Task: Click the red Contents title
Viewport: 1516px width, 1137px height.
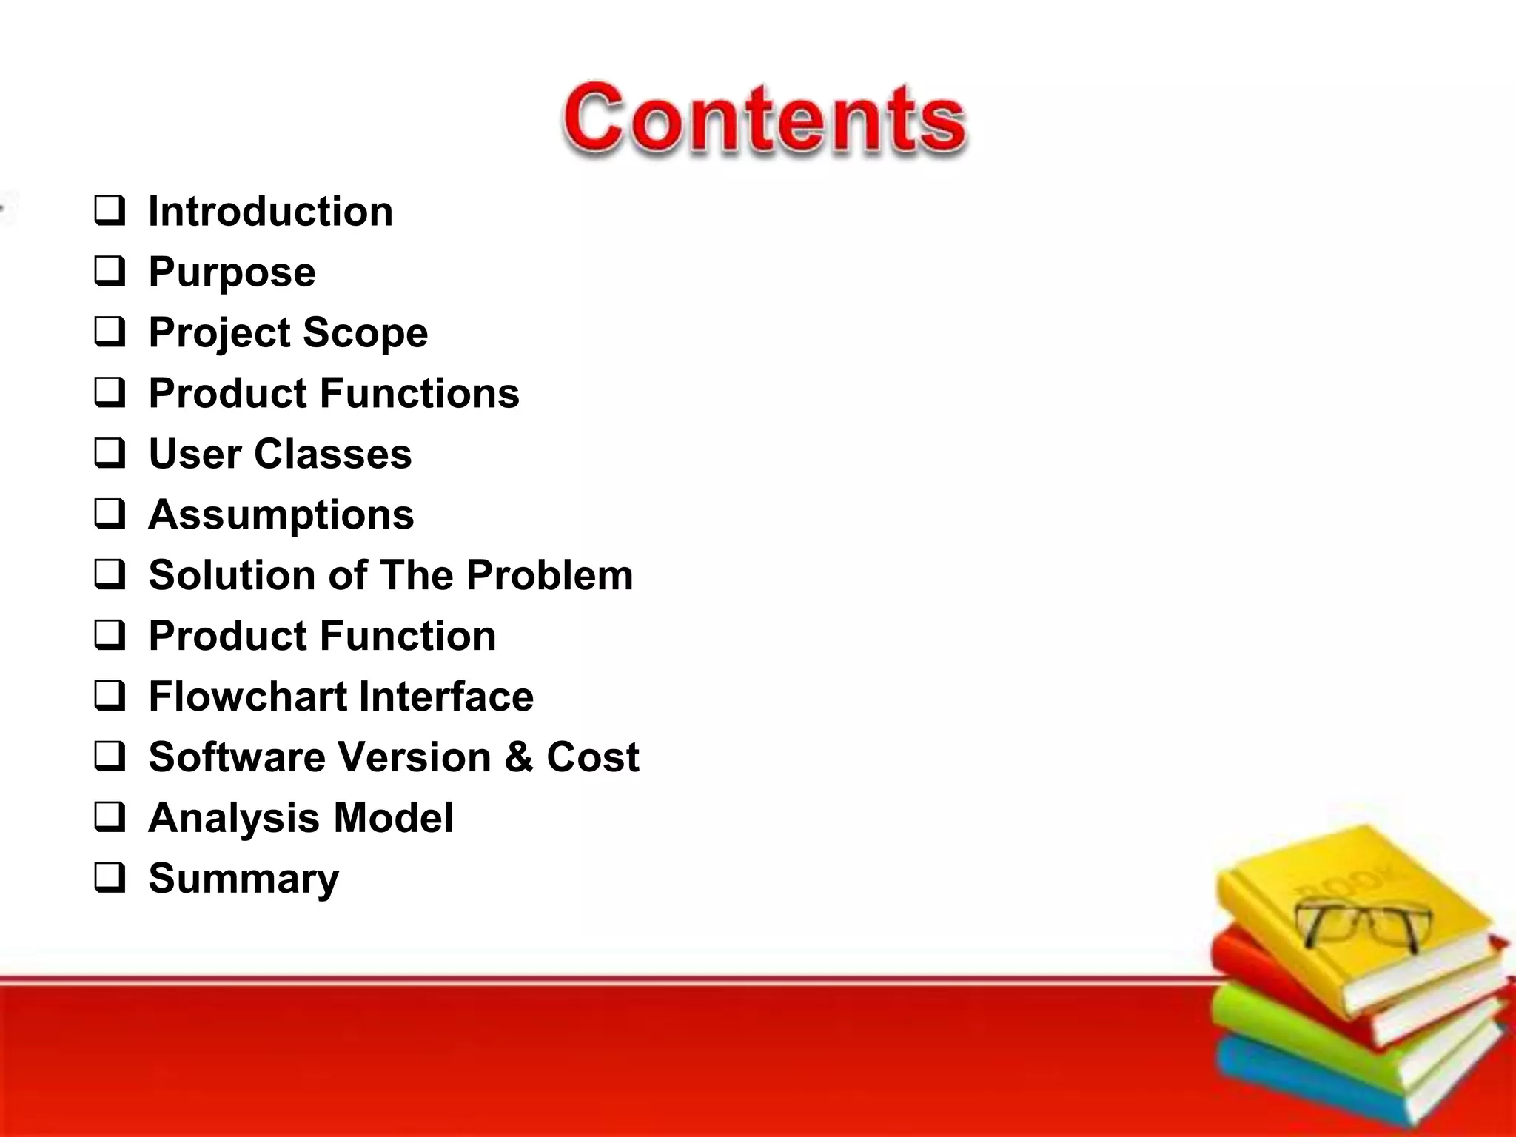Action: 764,120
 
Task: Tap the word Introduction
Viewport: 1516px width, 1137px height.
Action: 270,212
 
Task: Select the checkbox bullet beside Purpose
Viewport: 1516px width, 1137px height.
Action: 110,271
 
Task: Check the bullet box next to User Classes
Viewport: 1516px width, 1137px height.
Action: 110,453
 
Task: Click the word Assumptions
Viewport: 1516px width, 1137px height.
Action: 281,514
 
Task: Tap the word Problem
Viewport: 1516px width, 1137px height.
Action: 549,575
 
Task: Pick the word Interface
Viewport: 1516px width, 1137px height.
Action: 446,697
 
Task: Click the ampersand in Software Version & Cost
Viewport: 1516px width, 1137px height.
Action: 519,757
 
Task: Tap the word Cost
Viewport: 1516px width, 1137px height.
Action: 592,757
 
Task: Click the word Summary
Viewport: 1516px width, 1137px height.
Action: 244,879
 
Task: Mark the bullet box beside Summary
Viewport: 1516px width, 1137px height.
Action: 110,878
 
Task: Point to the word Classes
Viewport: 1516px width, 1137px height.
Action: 332,454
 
